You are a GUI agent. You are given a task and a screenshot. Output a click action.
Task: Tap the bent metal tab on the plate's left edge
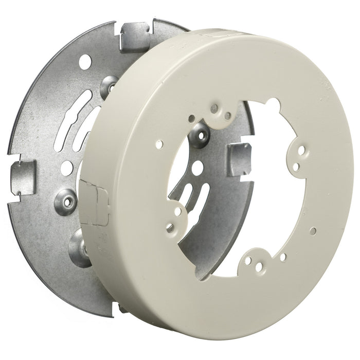coord(24,177)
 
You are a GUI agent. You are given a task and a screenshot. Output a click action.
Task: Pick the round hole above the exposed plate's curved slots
coord(85,62)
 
